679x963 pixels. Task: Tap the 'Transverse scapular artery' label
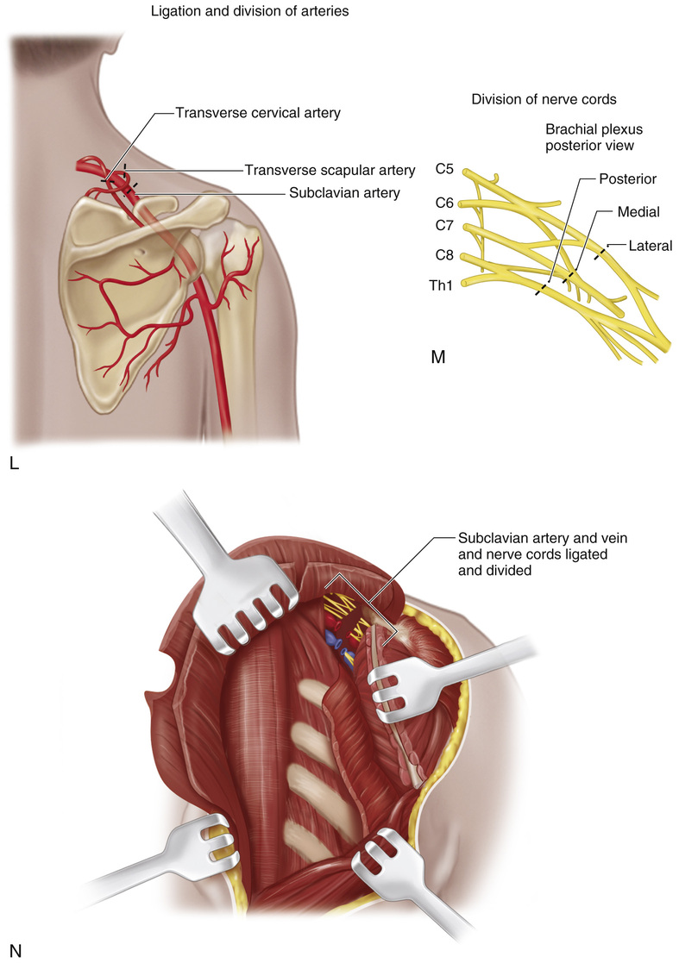pyautogui.click(x=330, y=170)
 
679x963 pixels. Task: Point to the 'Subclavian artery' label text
pyautogui.click(x=344, y=193)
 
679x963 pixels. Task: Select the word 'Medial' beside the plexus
pyautogui.click(x=637, y=211)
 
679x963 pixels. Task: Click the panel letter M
pyautogui.click(x=437, y=356)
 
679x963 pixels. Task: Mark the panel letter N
pyautogui.click(x=14, y=951)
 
